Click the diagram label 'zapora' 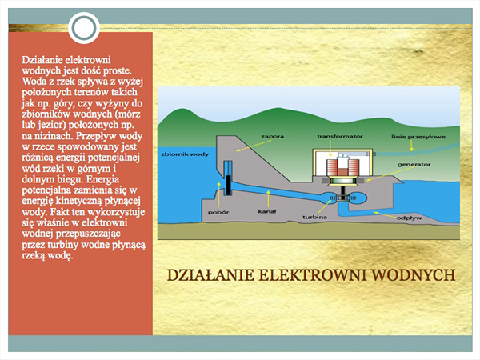tap(272, 137)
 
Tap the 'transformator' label tap(340, 137)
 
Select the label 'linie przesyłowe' tap(418, 137)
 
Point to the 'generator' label tap(414, 165)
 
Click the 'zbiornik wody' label tap(185, 154)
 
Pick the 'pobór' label tap(218, 212)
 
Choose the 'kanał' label tap(267, 211)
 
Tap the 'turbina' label tap(314, 217)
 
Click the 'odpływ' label tap(410, 218)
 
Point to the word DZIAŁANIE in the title tap(210, 275)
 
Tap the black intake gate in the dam tap(229, 186)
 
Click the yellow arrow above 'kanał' tap(268, 198)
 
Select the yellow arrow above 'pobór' tap(218, 194)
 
